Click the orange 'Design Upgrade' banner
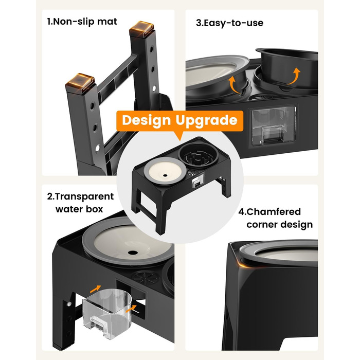click(180, 121)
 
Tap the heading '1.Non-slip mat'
click(82, 22)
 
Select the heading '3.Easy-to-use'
click(229, 23)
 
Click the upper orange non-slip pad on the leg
click(141, 28)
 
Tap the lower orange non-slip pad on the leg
click(80, 83)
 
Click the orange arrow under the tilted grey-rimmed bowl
click(233, 84)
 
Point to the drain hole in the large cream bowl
click(133, 253)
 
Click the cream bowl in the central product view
click(165, 171)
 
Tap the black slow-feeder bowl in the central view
click(198, 155)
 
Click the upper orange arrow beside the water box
click(95, 289)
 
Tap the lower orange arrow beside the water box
click(131, 308)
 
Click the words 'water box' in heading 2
click(79, 209)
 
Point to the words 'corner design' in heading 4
click(280, 225)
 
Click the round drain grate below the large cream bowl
click(145, 278)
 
